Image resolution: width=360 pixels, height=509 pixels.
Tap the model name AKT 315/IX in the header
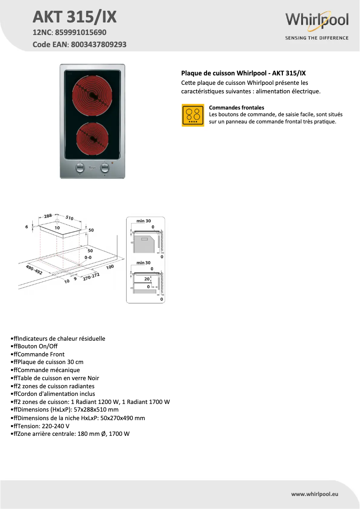[x=75, y=17]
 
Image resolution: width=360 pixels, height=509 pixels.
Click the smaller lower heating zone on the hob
[x=92, y=137]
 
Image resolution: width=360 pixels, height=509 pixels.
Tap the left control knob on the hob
[x=80, y=168]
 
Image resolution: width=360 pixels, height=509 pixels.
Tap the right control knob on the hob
[x=105, y=168]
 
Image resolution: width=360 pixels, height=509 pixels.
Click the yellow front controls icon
[x=193, y=115]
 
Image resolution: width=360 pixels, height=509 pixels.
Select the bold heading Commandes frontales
[x=237, y=108]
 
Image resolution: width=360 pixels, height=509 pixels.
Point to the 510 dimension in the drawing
[x=69, y=218]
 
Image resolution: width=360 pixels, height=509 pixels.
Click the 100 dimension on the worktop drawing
[x=110, y=267]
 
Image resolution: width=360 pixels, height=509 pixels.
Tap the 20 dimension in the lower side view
[x=146, y=279]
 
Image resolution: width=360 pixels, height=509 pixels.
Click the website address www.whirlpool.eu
[x=314, y=494]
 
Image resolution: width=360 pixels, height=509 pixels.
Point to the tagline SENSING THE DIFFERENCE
[x=317, y=38]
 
